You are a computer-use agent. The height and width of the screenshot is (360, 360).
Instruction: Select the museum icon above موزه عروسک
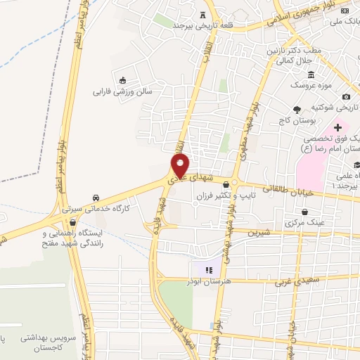[x=311, y=75]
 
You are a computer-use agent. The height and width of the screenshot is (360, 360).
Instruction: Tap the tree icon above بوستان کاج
[x=297, y=109]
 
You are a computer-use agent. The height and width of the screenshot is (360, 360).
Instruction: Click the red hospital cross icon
[x=337, y=127]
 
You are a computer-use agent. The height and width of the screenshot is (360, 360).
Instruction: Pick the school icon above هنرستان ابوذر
[x=207, y=269]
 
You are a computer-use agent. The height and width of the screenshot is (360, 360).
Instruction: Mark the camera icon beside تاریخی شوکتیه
[x=346, y=96]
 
